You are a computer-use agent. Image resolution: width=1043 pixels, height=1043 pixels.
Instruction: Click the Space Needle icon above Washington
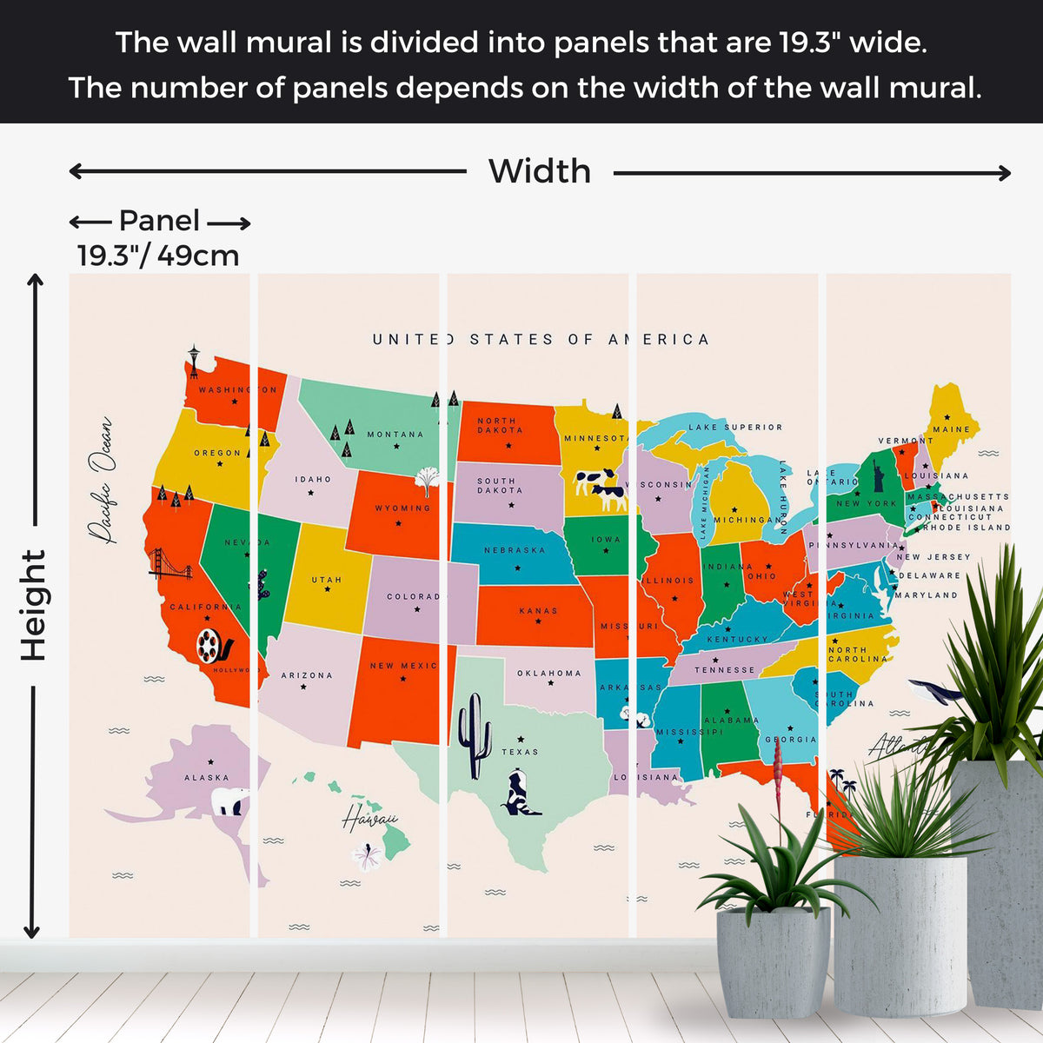point(193,362)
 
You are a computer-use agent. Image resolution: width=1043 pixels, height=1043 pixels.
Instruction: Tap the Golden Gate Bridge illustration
point(169,564)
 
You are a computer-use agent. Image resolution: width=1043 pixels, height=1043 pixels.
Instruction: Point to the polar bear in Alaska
point(230,801)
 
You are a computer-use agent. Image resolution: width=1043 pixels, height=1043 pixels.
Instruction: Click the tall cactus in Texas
point(475,735)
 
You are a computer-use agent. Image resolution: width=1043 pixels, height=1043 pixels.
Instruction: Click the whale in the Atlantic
point(935,692)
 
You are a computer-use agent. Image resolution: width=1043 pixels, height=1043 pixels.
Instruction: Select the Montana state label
point(395,435)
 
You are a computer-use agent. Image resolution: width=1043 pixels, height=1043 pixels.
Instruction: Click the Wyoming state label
point(402,508)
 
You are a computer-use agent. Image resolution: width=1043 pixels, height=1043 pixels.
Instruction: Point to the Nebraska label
point(515,550)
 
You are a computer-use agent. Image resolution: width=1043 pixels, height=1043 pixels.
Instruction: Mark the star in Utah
point(328,590)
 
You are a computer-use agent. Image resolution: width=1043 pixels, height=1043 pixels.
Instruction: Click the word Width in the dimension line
point(539,172)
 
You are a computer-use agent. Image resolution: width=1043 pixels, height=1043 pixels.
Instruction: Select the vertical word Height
point(33,605)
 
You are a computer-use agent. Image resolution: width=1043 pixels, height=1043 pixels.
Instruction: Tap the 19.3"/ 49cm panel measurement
point(158,256)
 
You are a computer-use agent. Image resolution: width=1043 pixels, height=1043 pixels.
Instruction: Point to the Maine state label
point(951,429)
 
